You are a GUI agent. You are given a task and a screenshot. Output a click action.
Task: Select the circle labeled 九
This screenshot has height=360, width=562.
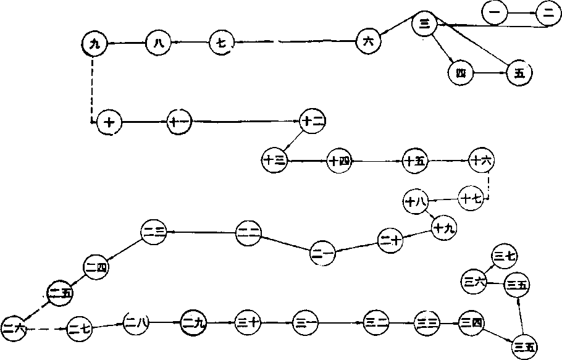[x=94, y=43]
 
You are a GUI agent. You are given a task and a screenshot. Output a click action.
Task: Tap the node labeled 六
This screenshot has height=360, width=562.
[x=369, y=41]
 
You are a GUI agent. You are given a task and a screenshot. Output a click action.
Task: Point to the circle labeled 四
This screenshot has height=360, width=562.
[x=460, y=72]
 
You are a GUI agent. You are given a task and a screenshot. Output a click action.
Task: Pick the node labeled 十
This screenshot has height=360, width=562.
[x=110, y=122]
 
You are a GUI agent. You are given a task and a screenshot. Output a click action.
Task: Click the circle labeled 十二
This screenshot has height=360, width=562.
[x=312, y=121]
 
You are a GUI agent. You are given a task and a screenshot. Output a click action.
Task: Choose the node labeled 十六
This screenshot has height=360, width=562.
[x=481, y=161]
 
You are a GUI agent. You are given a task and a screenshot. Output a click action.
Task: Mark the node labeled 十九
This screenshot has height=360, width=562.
[x=443, y=228]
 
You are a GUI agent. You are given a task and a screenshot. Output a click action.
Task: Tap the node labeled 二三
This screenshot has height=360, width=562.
[x=153, y=232]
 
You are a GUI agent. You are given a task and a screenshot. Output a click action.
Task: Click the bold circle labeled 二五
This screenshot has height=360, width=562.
[x=61, y=293]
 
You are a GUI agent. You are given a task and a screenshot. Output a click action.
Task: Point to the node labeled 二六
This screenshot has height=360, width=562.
[x=14, y=328]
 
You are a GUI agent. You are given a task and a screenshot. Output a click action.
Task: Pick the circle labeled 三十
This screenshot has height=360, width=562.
[x=250, y=322]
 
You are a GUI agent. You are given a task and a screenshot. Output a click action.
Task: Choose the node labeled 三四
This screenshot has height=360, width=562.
[x=472, y=322]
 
